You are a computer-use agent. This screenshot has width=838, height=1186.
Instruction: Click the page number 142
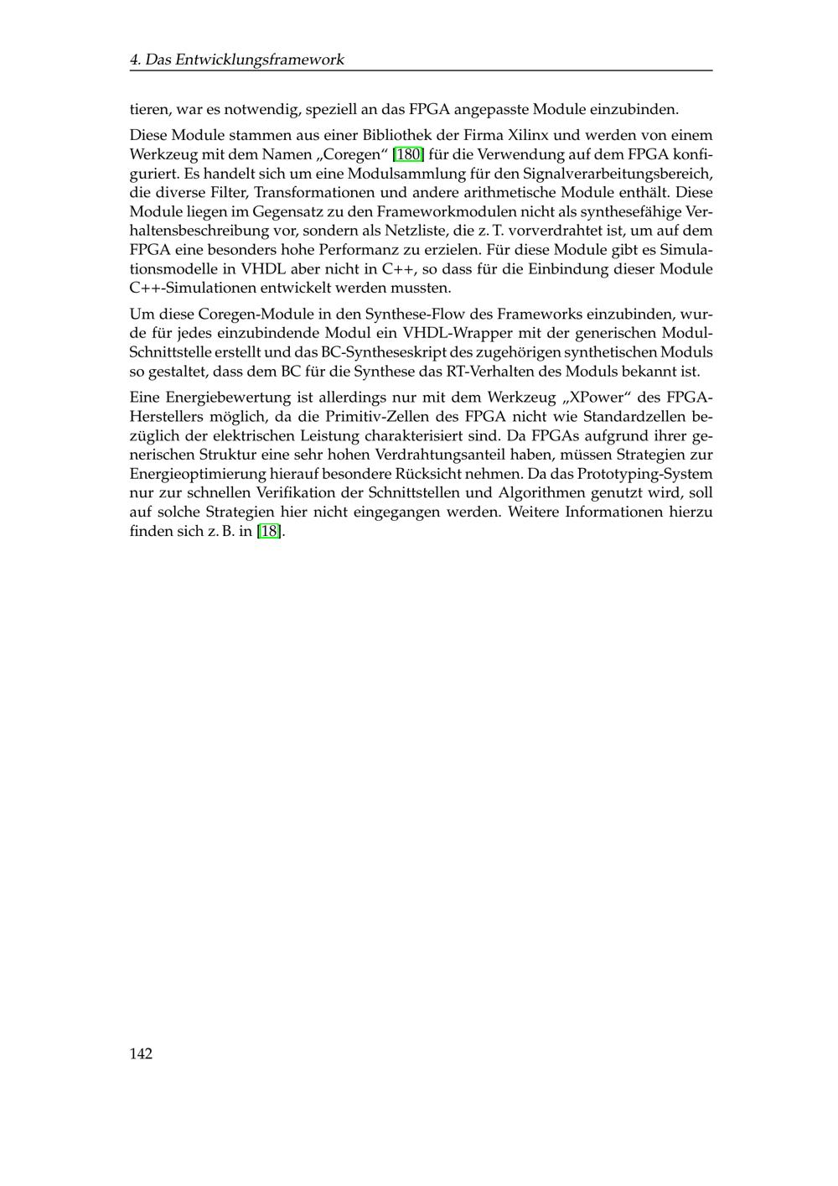141,1053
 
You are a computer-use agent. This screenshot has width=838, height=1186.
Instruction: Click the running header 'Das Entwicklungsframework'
245,60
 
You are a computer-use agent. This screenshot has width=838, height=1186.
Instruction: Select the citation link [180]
408,154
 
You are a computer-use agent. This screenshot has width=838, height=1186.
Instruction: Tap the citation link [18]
269,531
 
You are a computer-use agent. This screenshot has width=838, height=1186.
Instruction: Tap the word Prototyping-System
645,474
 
